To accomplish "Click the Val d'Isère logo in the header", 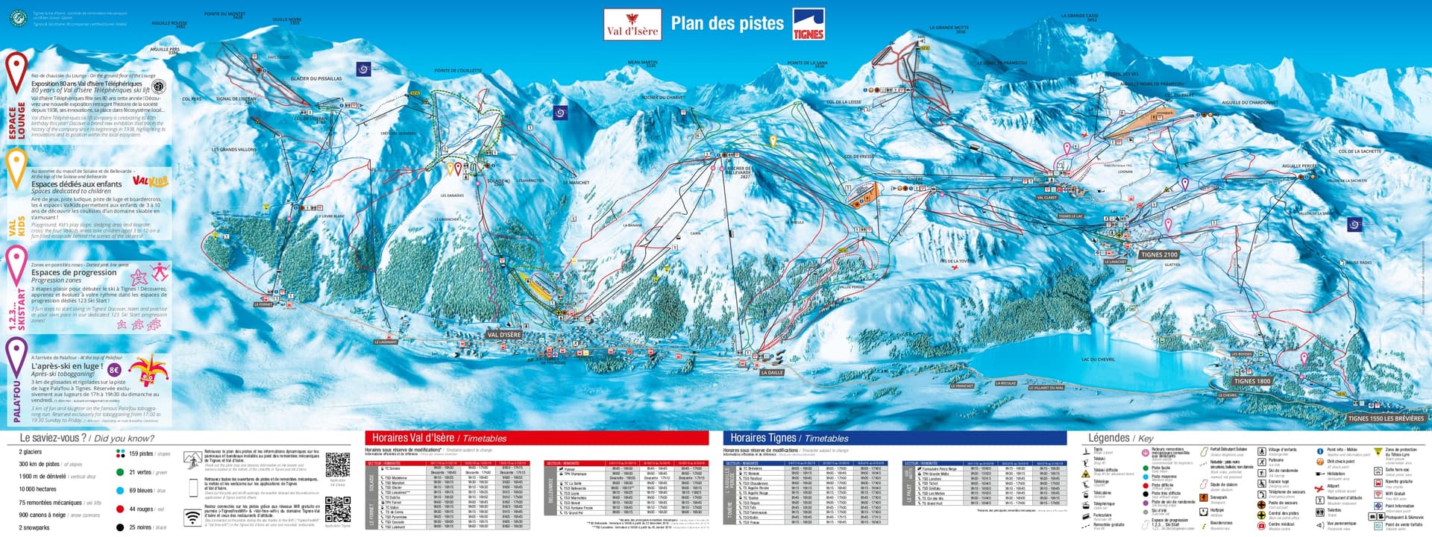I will point(632,24).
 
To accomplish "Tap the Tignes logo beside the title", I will point(808,24).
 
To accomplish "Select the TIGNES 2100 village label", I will point(1158,254).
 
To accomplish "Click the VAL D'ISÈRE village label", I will point(503,335).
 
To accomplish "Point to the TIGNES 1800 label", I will point(1252,381).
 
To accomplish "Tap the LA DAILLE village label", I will point(772,372).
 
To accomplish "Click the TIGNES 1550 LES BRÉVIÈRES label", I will point(1385,418).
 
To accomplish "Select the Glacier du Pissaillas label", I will point(316,78).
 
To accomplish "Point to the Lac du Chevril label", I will point(1098,359).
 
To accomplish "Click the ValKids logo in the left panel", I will point(150,180).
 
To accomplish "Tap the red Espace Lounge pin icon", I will point(16,69).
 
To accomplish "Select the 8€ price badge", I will point(114,369).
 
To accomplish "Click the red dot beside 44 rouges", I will point(120,509).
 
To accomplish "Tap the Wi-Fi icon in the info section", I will point(192,517).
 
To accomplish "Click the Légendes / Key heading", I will point(1120,438).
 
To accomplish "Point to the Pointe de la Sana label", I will point(807,63).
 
